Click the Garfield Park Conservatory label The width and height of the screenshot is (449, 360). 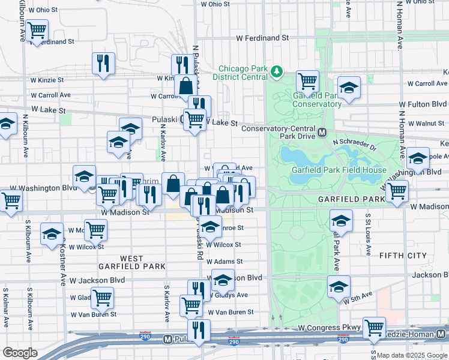(317, 100)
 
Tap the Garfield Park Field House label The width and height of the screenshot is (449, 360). (339, 170)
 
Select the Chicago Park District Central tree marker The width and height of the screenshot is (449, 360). (277, 72)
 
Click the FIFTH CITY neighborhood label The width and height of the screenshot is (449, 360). (402, 256)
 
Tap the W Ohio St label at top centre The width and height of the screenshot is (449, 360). (215, 4)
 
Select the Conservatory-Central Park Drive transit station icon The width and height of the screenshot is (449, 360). (322, 132)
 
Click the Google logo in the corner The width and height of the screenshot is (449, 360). (20, 353)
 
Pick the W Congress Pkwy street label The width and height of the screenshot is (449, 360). (330, 328)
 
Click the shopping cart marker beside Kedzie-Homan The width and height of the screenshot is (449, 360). (374, 327)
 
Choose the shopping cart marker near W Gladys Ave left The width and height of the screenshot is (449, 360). (102, 296)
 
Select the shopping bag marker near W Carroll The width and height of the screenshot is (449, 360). (186, 84)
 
